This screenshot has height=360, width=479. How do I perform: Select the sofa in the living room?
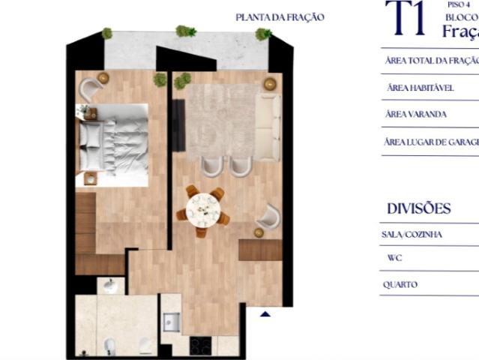(267, 124)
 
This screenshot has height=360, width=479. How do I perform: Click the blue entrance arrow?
(264, 315)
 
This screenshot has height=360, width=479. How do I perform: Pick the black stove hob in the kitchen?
(200, 346)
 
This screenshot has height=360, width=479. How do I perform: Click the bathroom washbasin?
(110, 286)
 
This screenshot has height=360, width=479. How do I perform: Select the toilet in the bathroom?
(109, 346)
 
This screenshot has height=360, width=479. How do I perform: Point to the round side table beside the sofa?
(269, 83)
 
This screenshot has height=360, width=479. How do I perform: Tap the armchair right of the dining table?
(268, 218)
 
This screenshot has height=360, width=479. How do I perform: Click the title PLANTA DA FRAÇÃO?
(280, 17)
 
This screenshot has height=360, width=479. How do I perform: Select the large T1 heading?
(405, 19)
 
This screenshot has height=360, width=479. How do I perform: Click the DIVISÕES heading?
(418, 208)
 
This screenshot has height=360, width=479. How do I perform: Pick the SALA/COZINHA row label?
(412, 234)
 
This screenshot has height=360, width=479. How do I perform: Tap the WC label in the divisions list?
(395, 258)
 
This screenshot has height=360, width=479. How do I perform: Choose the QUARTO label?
(400, 285)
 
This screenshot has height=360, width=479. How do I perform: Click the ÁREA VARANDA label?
(415, 115)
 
